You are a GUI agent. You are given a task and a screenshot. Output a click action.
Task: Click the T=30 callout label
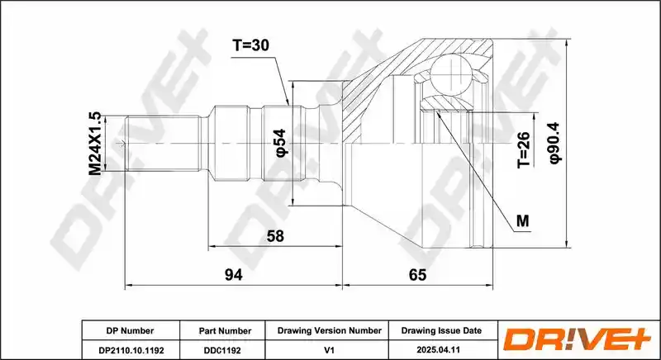(x=250, y=45)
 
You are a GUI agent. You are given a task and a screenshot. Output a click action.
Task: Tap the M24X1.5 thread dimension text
(x=95, y=143)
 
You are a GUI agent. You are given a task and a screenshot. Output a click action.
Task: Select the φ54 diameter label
(x=281, y=143)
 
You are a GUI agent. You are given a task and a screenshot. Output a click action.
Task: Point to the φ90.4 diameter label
(x=554, y=143)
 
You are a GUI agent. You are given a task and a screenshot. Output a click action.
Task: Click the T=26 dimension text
(x=523, y=150)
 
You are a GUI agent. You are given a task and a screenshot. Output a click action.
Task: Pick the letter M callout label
(x=523, y=220)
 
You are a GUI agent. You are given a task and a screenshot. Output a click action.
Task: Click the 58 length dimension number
(x=275, y=236)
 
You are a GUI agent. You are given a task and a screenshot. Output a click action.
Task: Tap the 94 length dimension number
(x=234, y=275)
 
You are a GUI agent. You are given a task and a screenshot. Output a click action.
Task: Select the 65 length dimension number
(x=417, y=275)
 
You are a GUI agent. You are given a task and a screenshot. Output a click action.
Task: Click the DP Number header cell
(x=131, y=330)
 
